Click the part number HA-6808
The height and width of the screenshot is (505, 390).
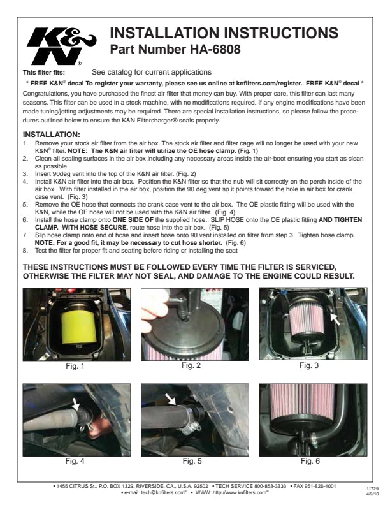(215, 49)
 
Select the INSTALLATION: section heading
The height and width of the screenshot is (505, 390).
(52, 135)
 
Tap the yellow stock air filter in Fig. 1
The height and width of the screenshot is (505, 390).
(79, 326)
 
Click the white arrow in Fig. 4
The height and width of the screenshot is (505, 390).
(76, 403)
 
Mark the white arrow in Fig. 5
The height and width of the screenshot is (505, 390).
(171, 399)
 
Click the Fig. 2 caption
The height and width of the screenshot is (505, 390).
(191, 365)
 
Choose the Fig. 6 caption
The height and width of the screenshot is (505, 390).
(310, 461)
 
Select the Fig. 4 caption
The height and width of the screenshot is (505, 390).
(75, 461)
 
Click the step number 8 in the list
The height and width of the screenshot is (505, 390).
(25, 250)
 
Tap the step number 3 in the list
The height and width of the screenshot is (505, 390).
(25, 174)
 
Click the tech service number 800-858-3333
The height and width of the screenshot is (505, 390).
(270, 486)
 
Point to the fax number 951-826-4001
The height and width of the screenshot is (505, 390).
(320, 486)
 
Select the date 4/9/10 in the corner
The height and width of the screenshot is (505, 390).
(372, 494)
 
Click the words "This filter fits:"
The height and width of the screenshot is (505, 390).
(44, 73)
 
